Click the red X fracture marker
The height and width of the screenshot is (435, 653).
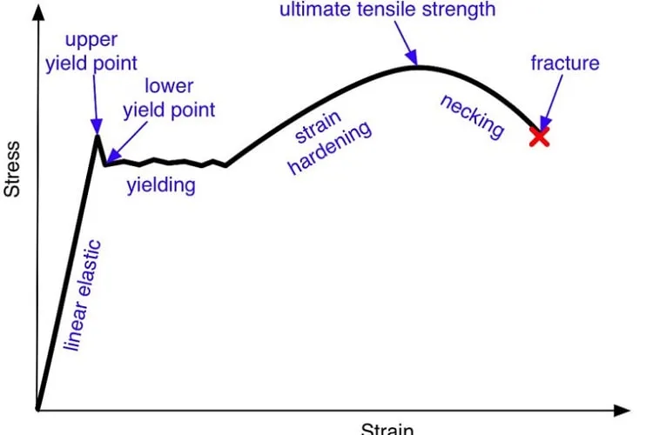click(539, 137)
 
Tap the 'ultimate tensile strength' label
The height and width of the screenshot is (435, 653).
click(387, 10)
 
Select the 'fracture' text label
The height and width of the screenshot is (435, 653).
click(565, 63)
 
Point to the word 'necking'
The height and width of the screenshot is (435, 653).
click(473, 116)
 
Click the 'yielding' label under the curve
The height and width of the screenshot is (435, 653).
click(161, 185)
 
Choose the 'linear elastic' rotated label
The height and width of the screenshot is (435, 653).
click(82, 295)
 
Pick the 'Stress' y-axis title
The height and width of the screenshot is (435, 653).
click(11, 169)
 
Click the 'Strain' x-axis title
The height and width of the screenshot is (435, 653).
click(387, 429)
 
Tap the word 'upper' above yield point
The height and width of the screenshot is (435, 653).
click(91, 40)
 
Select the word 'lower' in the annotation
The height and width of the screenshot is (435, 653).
click(169, 86)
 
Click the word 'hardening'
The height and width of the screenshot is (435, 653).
click(330, 147)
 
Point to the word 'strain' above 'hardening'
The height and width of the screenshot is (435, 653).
click(318, 126)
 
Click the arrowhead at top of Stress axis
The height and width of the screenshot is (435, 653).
click(38, 11)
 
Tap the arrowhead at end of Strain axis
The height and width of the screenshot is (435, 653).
click(623, 411)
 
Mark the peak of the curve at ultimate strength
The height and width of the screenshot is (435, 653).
click(418, 67)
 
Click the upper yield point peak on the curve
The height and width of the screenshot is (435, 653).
click(97, 136)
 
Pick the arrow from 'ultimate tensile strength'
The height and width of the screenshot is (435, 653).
click(406, 43)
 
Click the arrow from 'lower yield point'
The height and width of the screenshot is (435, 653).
click(127, 142)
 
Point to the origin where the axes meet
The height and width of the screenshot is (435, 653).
click(38, 410)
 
